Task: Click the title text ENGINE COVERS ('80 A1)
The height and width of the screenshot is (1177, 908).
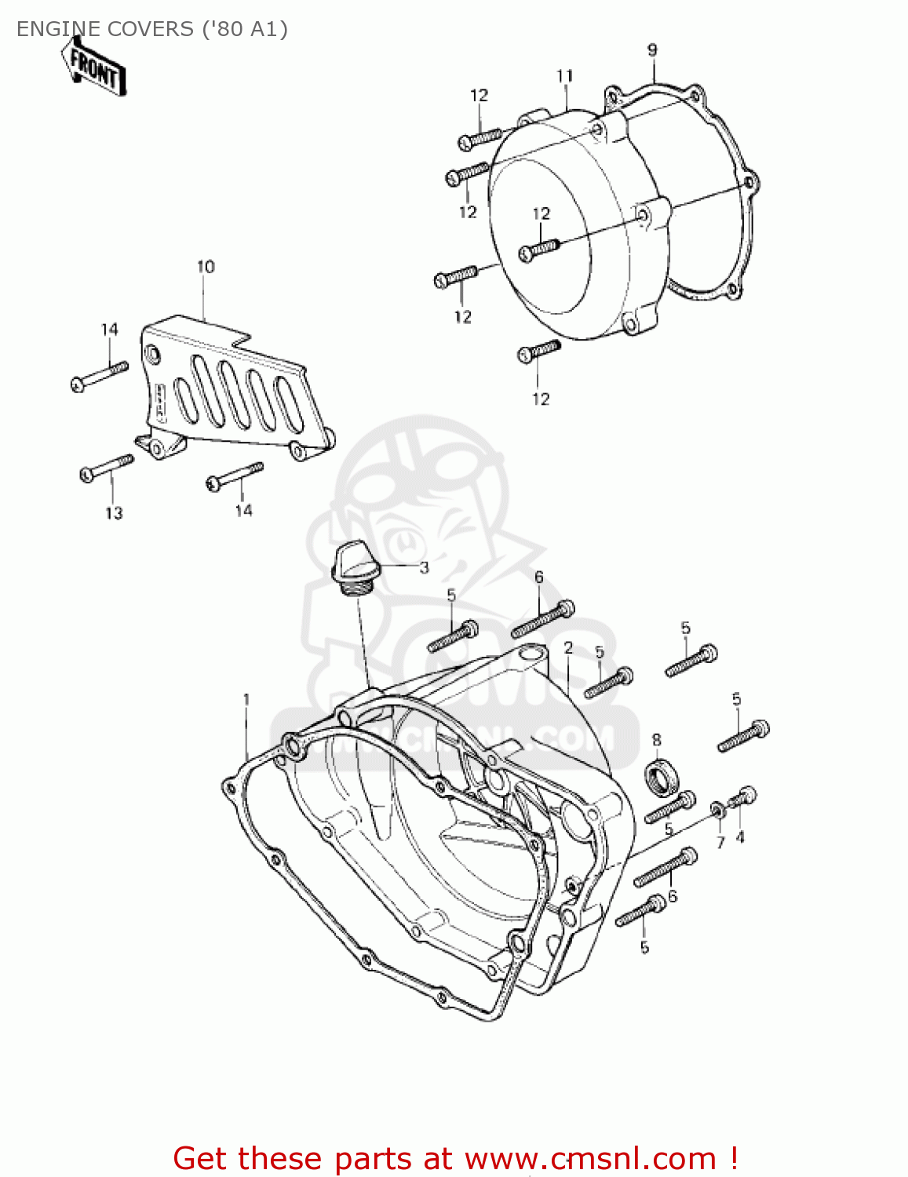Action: [152, 29]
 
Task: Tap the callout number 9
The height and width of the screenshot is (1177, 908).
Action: [652, 50]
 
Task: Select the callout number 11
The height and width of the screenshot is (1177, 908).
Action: [565, 76]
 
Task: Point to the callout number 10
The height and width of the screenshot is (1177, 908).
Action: [206, 267]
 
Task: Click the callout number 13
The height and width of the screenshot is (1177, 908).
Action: [114, 513]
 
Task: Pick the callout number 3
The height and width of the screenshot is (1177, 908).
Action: [424, 567]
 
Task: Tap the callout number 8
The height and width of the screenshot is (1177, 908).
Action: [656, 740]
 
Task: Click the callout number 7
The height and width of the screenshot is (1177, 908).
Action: [720, 843]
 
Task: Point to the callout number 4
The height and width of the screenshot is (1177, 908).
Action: [740, 837]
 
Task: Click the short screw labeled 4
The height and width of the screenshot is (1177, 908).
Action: [742, 798]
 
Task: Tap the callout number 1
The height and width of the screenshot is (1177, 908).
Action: [246, 699]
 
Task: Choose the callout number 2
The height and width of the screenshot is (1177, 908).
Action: [568, 648]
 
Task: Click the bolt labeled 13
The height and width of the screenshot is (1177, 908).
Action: [106, 468]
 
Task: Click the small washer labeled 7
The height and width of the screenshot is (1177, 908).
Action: [717, 809]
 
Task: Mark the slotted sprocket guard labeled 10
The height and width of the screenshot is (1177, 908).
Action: [235, 392]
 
